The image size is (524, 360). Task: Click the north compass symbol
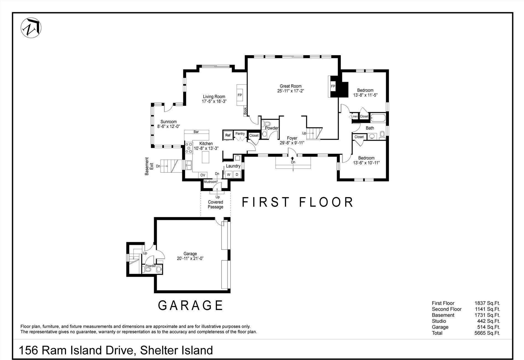click(31, 28)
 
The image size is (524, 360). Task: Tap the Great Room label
click(290, 86)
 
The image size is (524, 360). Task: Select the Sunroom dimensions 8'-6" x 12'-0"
click(168, 126)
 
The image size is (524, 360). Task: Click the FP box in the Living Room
click(240, 95)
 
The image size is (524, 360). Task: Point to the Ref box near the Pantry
click(228, 135)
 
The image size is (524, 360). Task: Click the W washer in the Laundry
click(229, 175)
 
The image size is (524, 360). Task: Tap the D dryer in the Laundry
click(237, 175)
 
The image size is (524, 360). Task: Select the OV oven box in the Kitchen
click(203, 175)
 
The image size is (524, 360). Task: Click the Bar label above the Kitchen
click(196, 132)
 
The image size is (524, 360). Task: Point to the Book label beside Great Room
click(245, 111)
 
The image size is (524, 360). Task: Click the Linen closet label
click(354, 116)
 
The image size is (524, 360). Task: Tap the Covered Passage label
click(215, 204)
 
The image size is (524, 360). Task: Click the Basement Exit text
click(149, 166)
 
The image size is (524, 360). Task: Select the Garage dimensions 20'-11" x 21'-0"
click(190, 258)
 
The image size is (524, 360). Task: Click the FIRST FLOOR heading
click(298, 202)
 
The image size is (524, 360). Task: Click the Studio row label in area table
click(439, 321)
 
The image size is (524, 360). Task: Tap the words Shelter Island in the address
click(176, 350)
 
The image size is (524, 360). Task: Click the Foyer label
click(292, 138)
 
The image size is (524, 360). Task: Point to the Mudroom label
click(210, 182)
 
